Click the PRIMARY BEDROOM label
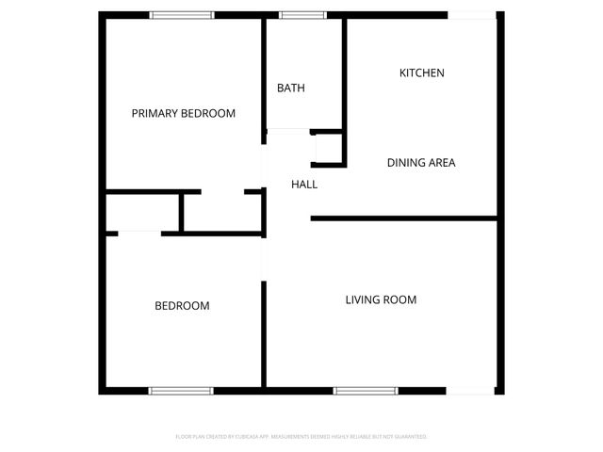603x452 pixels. pyautogui.click(x=183, y=113)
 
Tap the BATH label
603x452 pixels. pyautogui.click(x=290, y=88)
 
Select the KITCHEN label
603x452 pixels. pyautogui.click(x=421, y=73)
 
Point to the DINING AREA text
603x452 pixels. pyautogui.click(x=421, y=162)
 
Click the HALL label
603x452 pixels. pyautogui.click(x=303, y=185)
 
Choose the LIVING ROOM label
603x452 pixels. pyautogui.click(x=381, y=299)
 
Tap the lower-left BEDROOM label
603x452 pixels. pyautogui.click(x=182, y=306)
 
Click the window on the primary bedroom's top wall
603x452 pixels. pyautogui.click(x=182, y=15)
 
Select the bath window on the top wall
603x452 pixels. pyautogui.click(x=302, y=15)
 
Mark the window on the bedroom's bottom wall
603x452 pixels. pyautogui.click(x=182, y=390)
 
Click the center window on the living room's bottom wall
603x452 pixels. pyautogui.click(x=366, y=390)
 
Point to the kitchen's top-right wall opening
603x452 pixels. pyautogui.click(x=471, y=15)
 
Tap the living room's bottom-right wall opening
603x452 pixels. pyautogui.click(x=471, y=390)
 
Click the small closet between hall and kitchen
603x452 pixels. pyautogui.click(x=327, y=149)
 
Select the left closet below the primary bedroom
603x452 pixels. pyautogui.click(x=141, y=212)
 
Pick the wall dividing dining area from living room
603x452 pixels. pyautogui.click(x=403, y=219)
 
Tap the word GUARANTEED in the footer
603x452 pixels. pyautogui.click(x=407, y=437)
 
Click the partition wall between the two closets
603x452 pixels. pyautogui.click(x=181, y=212)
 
